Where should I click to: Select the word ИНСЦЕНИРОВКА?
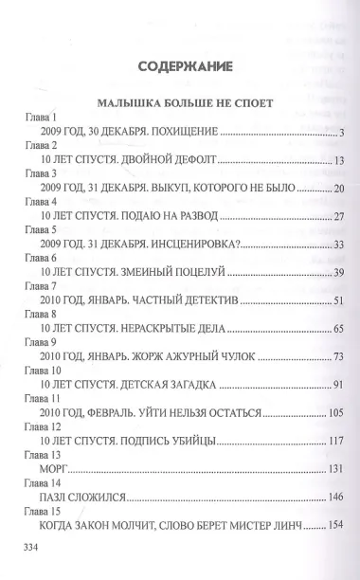point(193,245)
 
